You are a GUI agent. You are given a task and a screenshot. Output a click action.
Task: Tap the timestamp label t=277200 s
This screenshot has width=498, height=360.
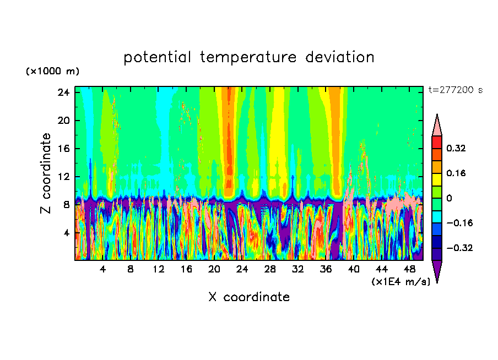click(455, 90)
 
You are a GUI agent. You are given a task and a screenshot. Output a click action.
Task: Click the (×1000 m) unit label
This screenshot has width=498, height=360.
click(52, 72)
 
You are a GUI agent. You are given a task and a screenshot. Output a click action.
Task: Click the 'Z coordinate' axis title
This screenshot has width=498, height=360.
click(46, 173)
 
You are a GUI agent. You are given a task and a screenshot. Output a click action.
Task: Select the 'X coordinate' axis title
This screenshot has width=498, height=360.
click(249, 297)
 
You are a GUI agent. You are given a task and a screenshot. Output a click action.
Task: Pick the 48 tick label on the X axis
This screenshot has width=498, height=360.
click(409, 269)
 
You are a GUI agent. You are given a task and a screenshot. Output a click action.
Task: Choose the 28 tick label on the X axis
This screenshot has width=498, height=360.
click(270, 269)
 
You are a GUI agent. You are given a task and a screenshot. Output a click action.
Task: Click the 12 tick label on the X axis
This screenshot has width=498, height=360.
click(158, 269)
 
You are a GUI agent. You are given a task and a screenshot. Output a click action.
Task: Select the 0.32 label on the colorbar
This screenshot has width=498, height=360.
click(457, 148)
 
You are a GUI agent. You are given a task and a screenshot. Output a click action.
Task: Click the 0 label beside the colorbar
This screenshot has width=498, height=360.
click(450, 198)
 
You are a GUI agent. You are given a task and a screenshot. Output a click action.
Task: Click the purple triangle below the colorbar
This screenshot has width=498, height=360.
click(437, 270)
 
